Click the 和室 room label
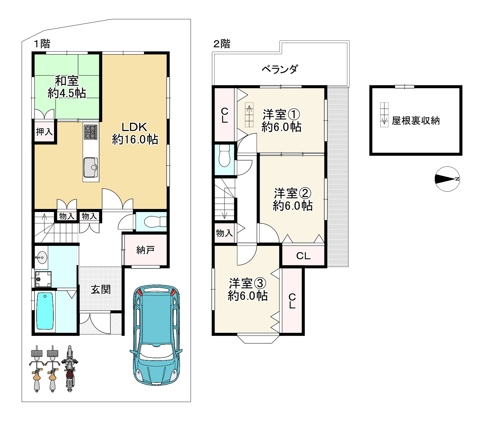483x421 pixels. coord(67,81)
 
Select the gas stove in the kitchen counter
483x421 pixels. coord(91,132)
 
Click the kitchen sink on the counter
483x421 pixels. coord(91,167)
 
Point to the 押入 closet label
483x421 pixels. coord(44,132)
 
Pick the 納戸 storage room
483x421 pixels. coord(145,250)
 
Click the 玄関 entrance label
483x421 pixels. coord(101,289)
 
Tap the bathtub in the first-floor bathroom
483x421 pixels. coord(45,311)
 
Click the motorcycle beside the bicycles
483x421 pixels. coord(70,369)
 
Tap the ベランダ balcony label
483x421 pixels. coord(279,69)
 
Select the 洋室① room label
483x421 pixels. coord(281,115)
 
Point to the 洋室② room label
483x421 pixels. coord(292,193)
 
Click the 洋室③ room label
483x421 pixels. coord(247,283)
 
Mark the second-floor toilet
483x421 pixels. coord(225,156)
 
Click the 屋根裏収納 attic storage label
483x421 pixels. coord(416,121)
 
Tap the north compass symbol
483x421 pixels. coord(447,179)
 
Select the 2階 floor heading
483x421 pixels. coord(222,44)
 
